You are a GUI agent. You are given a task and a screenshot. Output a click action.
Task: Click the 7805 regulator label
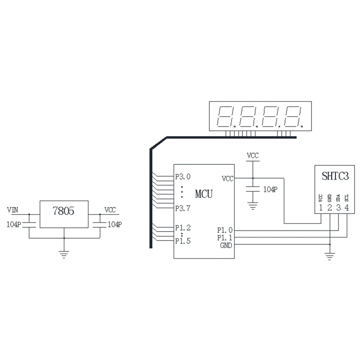63,211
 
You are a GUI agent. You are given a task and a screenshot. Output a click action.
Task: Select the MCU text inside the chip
204,194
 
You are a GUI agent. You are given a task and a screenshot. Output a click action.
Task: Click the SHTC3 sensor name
335,177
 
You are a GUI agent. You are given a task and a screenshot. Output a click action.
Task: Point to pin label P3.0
183,177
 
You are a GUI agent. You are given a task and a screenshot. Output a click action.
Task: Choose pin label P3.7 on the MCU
183,208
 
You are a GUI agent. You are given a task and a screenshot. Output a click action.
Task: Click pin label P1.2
183,228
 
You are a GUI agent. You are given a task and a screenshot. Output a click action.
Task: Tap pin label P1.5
183,241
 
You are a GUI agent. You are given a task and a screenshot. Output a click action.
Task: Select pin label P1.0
225,230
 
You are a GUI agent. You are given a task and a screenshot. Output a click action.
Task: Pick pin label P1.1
225,238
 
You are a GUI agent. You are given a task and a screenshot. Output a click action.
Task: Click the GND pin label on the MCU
226,246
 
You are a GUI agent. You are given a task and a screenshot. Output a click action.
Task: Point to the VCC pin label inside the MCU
228,178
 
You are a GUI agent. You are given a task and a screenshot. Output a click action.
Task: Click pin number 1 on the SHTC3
321,207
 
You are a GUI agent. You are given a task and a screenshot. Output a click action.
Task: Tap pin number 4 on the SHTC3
347,207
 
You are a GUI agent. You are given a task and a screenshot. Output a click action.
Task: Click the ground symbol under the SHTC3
329,256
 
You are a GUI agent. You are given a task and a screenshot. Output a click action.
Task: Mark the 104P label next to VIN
14,224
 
